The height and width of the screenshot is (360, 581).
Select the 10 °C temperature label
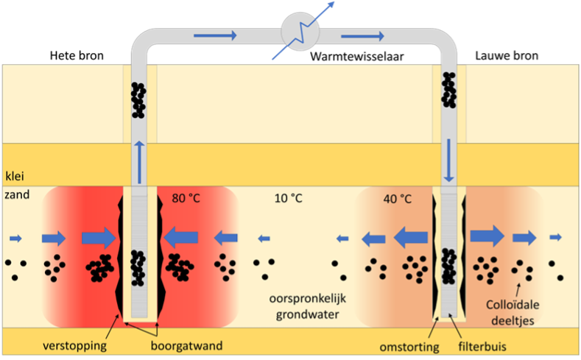click(287, 197)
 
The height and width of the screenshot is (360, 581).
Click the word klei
click(15, 176)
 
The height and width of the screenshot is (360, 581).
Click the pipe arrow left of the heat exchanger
click(222, 35)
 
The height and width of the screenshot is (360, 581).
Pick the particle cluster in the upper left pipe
click(138, 99)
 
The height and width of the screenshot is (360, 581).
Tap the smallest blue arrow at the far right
click(555, 237)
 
